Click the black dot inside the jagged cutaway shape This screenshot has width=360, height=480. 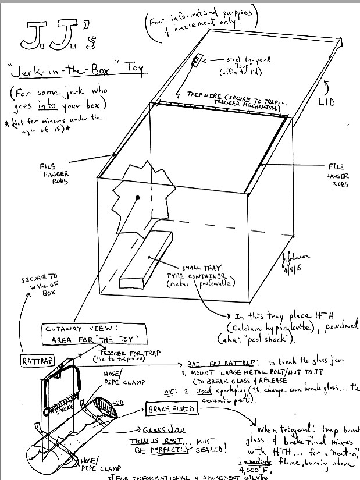(x=137, y=198)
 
